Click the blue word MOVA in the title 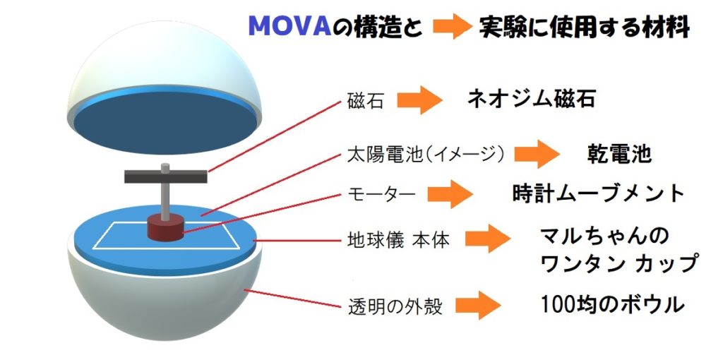289,28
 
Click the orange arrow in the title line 453,28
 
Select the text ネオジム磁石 531,97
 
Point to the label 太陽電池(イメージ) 424,155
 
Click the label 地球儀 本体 398,240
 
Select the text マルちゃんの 604,237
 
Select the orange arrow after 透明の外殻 478,305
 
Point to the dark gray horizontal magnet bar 165,176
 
